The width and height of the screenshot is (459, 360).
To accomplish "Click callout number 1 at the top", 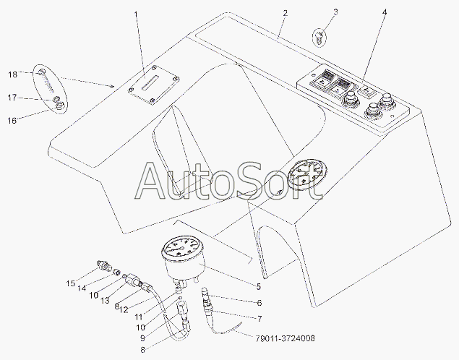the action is [x=136, y=14].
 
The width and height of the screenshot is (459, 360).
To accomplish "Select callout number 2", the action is [x=285, y=13].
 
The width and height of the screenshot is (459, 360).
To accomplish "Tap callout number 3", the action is [x=335, y=12].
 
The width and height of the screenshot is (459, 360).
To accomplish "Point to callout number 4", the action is [x=385, y=12].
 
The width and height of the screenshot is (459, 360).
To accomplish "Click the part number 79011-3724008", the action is [x=286, y=338].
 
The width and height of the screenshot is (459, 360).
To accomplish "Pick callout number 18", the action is [x=12, y=74].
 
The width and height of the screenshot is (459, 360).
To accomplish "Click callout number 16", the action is [x=12, y=121].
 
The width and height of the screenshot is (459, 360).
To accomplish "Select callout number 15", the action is [x=70, y=283].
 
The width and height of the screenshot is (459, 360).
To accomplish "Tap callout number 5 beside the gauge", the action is [x=258, y=286].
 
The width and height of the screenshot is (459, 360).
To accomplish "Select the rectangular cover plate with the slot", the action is [x=154, y=85].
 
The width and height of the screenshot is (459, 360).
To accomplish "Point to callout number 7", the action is [x=259, y=319].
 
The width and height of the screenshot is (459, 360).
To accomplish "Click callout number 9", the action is [x=142, y=338].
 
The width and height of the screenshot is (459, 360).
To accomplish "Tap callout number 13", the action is [x=105, y=301].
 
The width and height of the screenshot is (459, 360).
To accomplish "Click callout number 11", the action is [x=139, y=317].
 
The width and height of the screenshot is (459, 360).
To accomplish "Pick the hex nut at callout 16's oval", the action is [x=60, y=106].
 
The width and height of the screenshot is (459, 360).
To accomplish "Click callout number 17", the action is [x=12, y=97].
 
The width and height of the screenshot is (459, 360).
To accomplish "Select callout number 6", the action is [x=259, y=303].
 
